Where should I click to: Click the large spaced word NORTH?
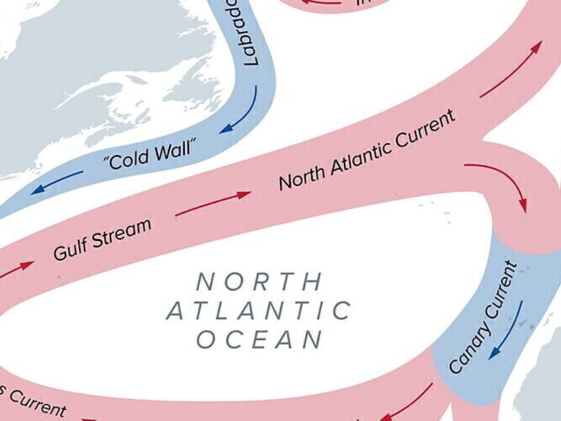pos(259,281)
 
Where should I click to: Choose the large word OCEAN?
pos(259,340)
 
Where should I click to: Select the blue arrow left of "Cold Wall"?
pos(57,182)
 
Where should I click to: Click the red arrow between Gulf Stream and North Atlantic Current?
pos(213,203)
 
